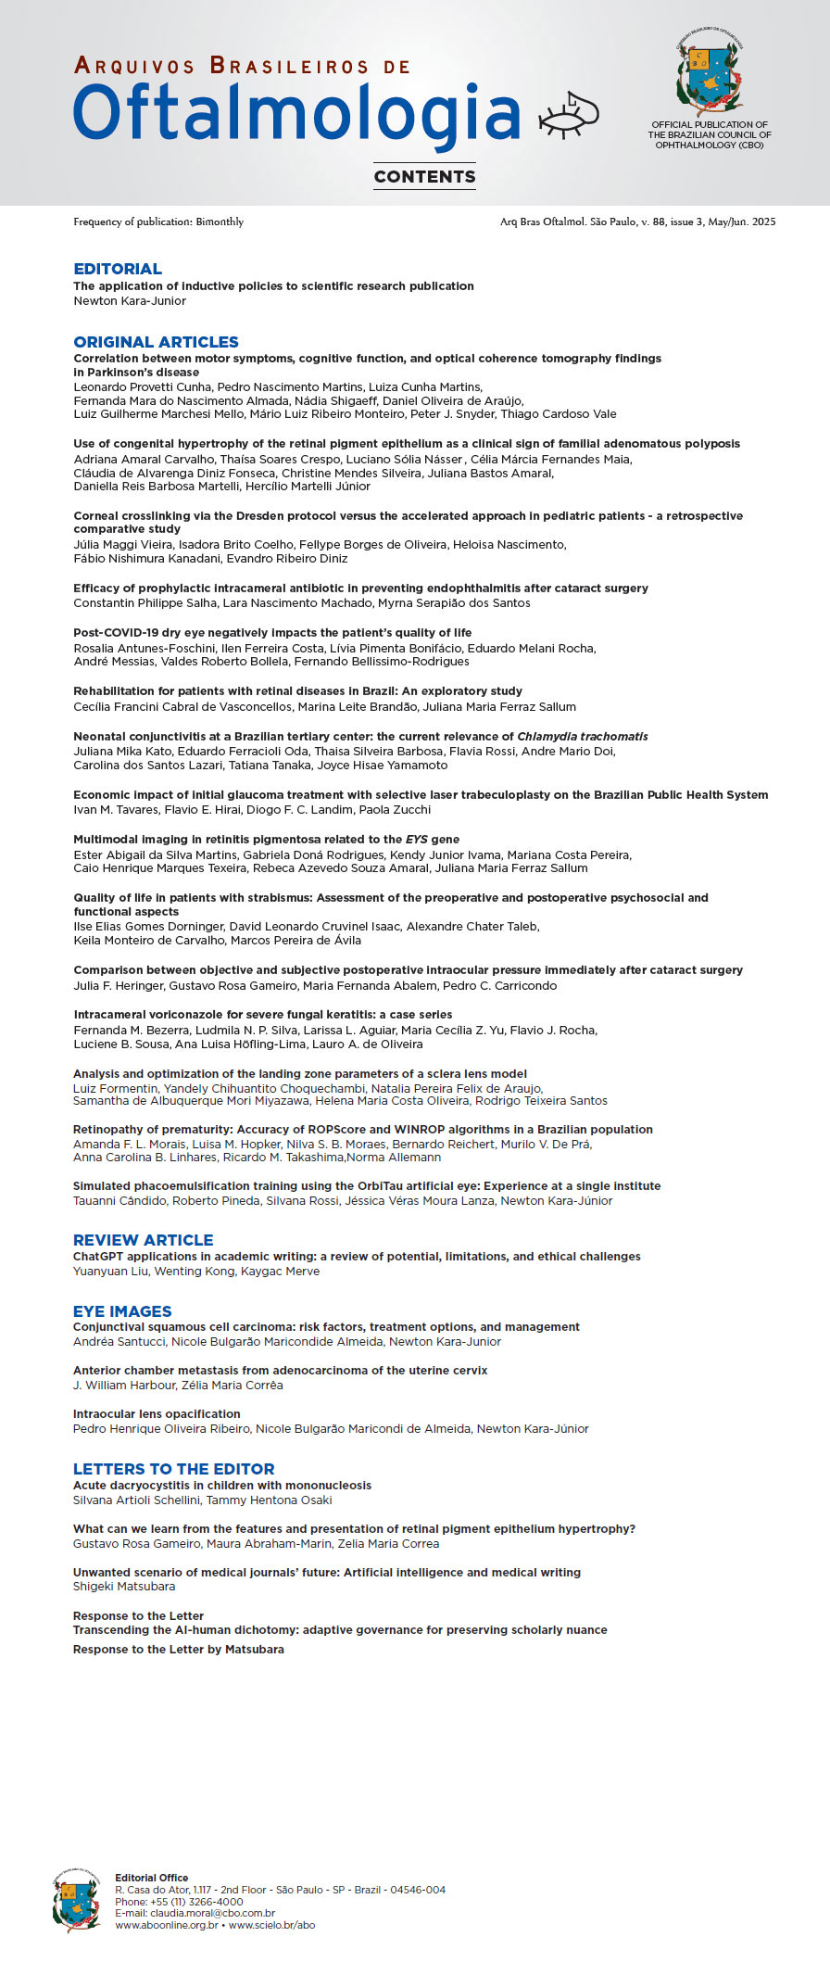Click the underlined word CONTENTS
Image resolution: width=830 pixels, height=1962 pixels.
(424, 176)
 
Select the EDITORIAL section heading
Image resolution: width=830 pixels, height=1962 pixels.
(118, 269)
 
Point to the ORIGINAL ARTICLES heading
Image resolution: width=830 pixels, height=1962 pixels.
(156, 342)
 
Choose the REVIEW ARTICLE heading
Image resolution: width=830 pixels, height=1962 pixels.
(143, 1240)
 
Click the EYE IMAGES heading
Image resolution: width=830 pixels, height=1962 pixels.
(122, 1311)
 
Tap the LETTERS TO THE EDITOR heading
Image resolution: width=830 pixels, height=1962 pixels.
(173, 1469)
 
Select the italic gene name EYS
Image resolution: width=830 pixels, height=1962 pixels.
(416, 840)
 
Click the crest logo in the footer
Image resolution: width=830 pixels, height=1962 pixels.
(77, 1900)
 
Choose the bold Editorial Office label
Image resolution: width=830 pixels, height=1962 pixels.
(151, 1878)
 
